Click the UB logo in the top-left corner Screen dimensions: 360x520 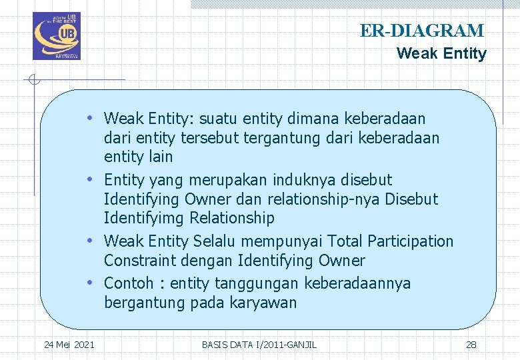[56, 36]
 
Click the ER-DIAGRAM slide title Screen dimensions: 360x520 [422, 31]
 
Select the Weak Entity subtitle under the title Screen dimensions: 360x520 [441, 54]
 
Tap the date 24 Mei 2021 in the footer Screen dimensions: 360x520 [69, 345]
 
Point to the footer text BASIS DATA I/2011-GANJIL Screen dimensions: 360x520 [259, 345]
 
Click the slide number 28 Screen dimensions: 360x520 [471, 345]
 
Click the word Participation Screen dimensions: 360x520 [410, 241]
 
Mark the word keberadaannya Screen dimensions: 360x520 [357, 283]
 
